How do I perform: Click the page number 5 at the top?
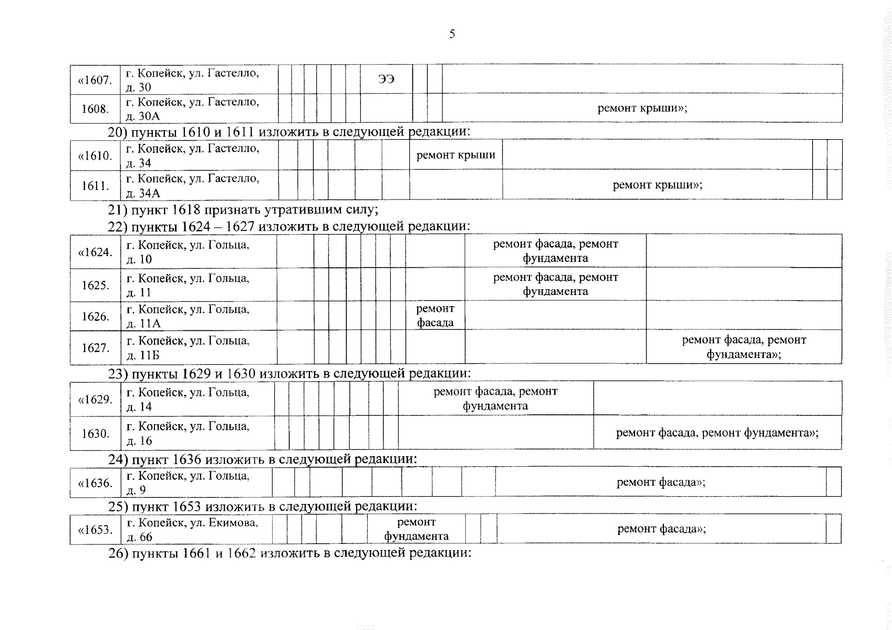click(x=452, y=34)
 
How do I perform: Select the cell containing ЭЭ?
click(x=386, y=79)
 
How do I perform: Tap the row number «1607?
click(x=95, y=80)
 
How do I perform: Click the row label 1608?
click(x=95, y=109)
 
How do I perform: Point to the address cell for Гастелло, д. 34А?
click(x=199, y=185)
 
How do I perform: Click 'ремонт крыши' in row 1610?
click(x=456, y=155)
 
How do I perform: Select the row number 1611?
click(x=95, y=185)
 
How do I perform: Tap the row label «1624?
click(x=95, y=252)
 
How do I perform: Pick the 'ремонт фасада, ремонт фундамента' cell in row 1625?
click(x=555, y=284)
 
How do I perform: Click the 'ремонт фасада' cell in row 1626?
click(x=435, y=315)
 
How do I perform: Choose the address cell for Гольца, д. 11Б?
click(x=199, y=348)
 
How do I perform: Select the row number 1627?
click(x=95, y=348)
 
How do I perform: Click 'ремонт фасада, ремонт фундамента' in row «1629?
click(x=495, y=398)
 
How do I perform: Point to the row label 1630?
click(x=95, y=433)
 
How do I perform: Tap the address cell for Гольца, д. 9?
click(x=196, y=483)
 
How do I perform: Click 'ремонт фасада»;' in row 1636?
click(x=661, y=482)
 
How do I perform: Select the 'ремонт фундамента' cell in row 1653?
click(x=416, y=529)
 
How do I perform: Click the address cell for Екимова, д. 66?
click(x=196, y=529)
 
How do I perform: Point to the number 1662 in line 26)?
click(x=241, y=553)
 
